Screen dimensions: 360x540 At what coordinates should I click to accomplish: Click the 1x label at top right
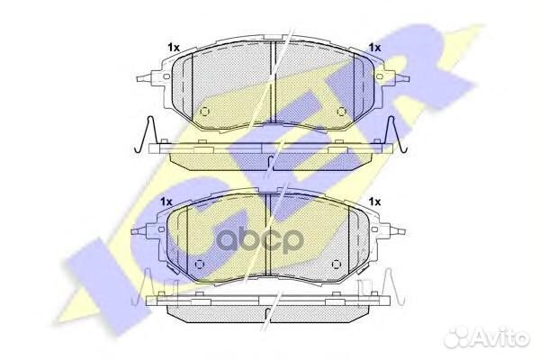coord(374,48)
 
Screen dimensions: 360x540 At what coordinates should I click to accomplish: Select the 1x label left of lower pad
coord(166,202)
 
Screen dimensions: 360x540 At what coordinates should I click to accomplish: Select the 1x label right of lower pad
coord(374,202)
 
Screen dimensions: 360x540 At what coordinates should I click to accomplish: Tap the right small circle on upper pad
coord(341,112)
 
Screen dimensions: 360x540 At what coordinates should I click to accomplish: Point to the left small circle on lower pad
coord(200,265)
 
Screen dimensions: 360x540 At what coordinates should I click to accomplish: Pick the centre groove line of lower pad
coord(272,243)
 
